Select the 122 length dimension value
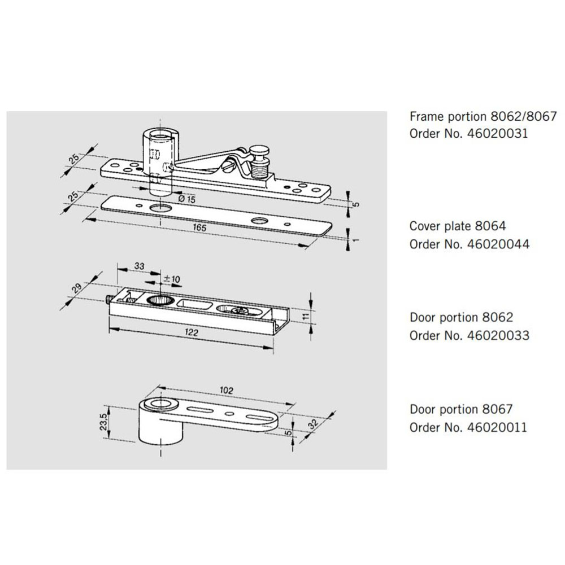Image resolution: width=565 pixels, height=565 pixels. (192, 334)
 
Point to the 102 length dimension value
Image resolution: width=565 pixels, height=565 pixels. (227, 390)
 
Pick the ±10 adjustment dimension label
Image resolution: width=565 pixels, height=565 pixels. (170, 279)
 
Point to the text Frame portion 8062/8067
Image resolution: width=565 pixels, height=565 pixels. (483, 117)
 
